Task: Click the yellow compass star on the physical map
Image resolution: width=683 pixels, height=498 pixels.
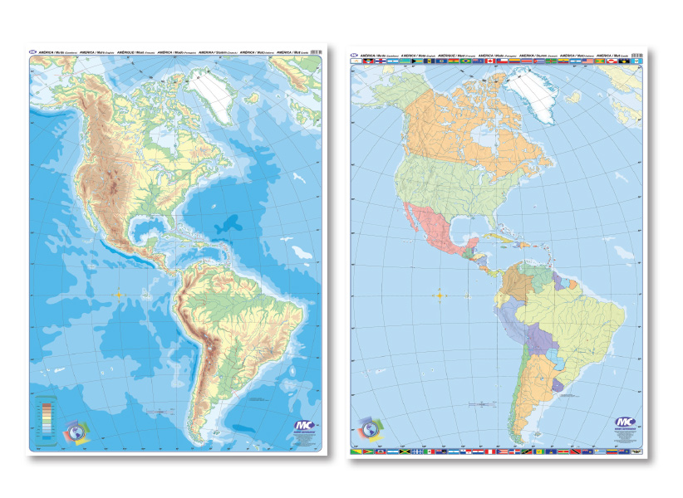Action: [120, 293]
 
